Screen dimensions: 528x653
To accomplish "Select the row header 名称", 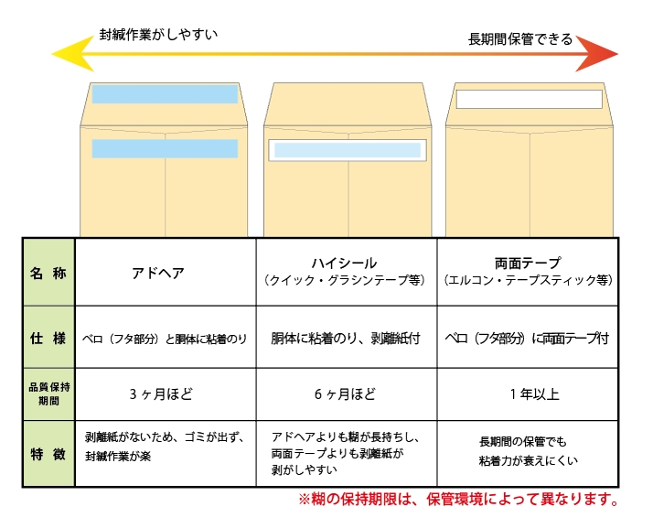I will pyautogui.click(x=48, y=273).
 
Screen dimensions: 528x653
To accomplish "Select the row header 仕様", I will pyautogui.click(x=48, y=338).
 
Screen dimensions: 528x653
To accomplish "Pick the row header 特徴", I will pyautogui.click(x=48, y=454).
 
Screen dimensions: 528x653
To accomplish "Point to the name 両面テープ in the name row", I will pyautogui.click(x=527, y=263).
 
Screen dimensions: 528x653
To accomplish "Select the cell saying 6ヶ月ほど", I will pyautogui.click(x=345, y=394).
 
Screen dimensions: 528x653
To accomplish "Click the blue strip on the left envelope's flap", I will pyautogui.click(x=165, y=94).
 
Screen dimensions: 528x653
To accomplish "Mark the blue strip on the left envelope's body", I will pyautogui.click(x=165, y=148).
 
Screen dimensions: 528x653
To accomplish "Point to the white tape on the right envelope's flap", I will pyautogui.click(x=530, y=99).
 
